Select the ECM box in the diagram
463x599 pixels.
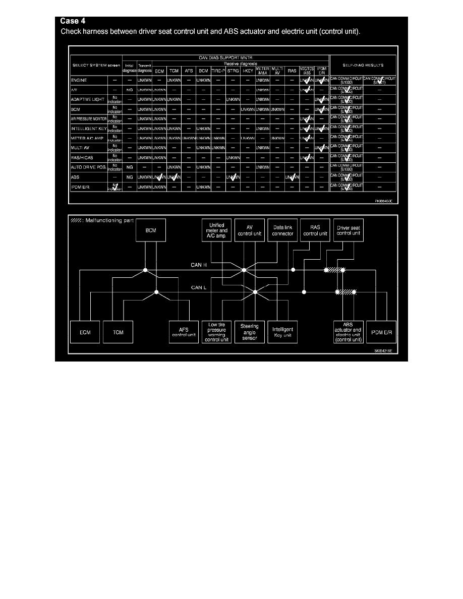(x=85, y=332)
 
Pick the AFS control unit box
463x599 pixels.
(x=185, y=332)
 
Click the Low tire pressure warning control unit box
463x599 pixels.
(x=216, y=332)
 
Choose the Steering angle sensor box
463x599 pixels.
(x=250, y=332)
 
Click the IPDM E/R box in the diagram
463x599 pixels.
(x=381, y=332)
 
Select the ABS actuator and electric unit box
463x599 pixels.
(x=349, y=332)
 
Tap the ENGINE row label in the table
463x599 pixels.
(x=81, y=80)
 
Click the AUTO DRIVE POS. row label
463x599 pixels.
(x=88, y=166)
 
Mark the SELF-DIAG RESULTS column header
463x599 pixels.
(x=363, y=65)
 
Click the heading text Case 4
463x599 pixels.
(x=73, y=21)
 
